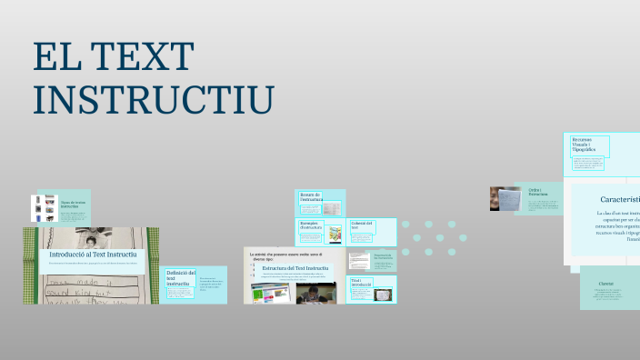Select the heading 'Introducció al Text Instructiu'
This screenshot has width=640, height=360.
(x=93, y=255)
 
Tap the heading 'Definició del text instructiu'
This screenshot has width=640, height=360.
(x=179, y=278)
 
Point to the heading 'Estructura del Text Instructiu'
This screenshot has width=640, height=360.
(x=295, y=269)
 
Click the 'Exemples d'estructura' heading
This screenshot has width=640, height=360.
(x=311, y=225)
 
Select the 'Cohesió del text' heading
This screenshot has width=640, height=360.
(x=361, y=225)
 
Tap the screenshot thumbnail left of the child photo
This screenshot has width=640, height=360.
(x=269, y=292)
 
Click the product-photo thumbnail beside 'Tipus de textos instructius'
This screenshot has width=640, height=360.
(x=43, y=208)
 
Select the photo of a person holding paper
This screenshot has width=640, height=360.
(x=505, y=198)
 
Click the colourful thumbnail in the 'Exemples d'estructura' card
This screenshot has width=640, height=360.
(x=335, y=234)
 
